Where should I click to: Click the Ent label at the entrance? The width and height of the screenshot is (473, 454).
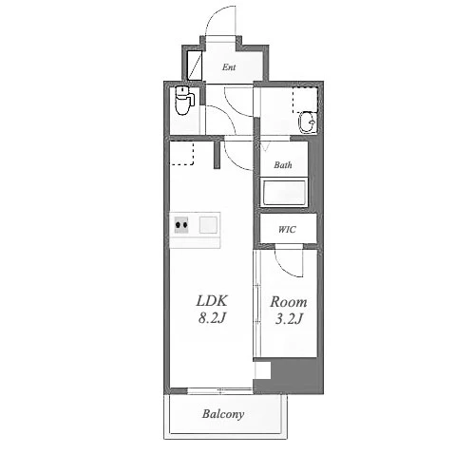[229, 67]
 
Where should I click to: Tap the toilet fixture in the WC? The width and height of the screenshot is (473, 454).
[184, 100]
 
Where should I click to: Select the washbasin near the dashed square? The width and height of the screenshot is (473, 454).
[307, 123]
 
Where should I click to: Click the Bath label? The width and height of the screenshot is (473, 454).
[283, 165]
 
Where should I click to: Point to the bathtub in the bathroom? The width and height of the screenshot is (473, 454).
[284, 192]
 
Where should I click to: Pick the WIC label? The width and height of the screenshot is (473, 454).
[287, 229]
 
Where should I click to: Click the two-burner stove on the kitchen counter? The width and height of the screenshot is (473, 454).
[181, 225]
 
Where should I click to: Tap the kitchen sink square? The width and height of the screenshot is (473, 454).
[208, 225]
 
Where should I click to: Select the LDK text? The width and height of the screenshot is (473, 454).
[212, 301]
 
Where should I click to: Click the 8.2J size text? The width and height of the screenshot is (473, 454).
[212, 318]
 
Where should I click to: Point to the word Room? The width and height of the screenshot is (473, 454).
[289, 302]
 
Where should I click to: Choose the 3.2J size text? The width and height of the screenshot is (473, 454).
[289, 319]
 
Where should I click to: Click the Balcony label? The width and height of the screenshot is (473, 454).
[223, 414]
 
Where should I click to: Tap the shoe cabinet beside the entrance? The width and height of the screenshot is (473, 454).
[195, 65]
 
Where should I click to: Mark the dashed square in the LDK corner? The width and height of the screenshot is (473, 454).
[181, 153]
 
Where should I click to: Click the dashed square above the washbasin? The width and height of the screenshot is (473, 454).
[305, 100]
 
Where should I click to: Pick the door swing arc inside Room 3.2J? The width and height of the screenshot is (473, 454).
[284, 267]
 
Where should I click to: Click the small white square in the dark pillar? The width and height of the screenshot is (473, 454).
[263, 370]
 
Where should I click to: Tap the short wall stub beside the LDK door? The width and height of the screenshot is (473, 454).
[217, 155]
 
